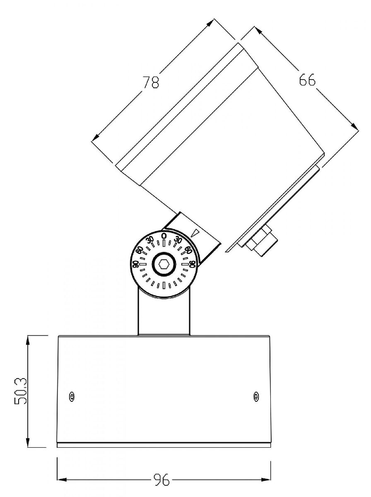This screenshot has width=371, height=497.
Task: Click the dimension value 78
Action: [151, 82]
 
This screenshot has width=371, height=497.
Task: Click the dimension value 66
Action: [307, 80]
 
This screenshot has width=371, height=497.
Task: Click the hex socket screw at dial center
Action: [164, 263]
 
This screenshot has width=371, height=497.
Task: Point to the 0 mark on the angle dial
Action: [164, 236]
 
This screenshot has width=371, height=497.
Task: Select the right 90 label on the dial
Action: [193, 264]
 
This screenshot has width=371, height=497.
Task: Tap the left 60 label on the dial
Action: [140, 250]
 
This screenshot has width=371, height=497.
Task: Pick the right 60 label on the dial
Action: [188, 250]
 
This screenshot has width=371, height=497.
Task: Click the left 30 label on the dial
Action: [150, 240]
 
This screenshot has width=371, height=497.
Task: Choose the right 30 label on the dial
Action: [178, 240]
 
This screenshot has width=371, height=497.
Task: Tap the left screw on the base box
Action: [72, 396]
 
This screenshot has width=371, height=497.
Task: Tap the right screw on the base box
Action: [255, 396]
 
